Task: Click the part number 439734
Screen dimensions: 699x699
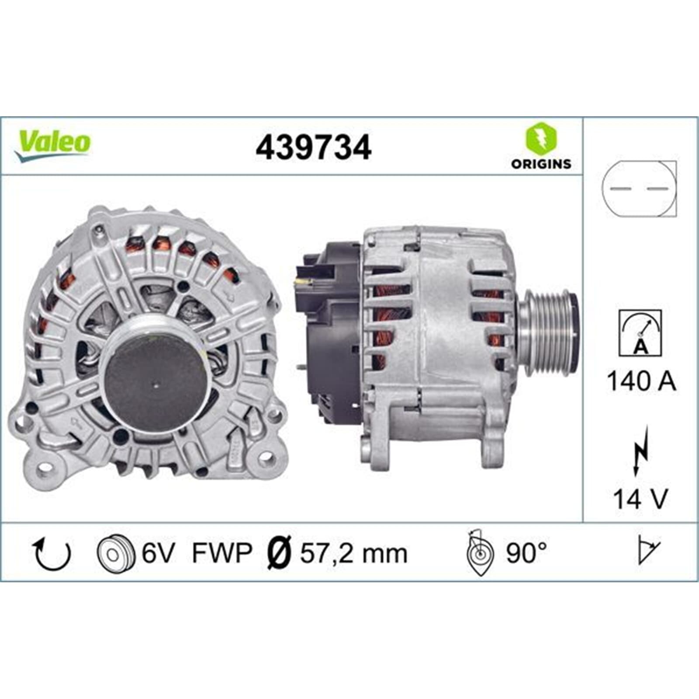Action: pos(313,148)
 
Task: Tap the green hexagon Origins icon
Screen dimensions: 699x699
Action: pos(541,137)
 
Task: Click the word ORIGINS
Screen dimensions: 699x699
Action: pos(541,164)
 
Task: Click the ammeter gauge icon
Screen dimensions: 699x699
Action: pos(640,333)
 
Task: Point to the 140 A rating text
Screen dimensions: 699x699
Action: pos(641,381)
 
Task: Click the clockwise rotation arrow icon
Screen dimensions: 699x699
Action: pos(52,554)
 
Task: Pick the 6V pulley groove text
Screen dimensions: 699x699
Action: pos(158,554)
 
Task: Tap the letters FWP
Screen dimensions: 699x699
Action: pos(222,554)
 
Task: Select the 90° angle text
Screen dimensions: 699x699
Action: pos(526,553)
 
